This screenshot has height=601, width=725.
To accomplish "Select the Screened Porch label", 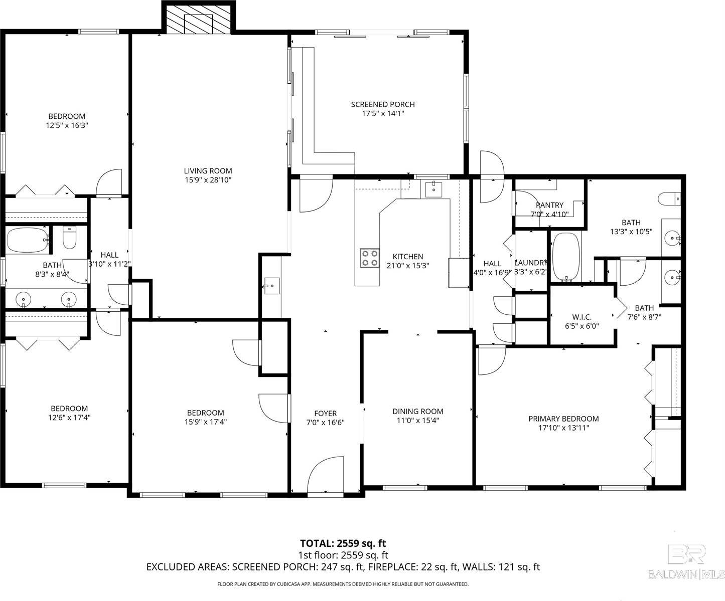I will [382, 104].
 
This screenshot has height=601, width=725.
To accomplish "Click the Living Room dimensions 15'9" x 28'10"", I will [208, 180].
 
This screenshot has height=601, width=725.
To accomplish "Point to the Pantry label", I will [549, 205].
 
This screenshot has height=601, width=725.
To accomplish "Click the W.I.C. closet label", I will [582, 317].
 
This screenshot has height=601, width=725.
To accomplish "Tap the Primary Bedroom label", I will [563, 419].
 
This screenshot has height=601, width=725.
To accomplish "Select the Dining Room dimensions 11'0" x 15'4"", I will [417, 421].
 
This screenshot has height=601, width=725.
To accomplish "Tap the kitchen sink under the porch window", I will [433, 189].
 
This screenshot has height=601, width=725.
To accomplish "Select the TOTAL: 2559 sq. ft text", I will [343, 543].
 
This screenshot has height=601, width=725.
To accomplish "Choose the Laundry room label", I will [530, 263].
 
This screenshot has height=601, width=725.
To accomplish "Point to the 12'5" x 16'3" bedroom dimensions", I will [67, 125].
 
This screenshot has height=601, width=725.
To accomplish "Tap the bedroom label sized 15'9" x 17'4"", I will [205, 413].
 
